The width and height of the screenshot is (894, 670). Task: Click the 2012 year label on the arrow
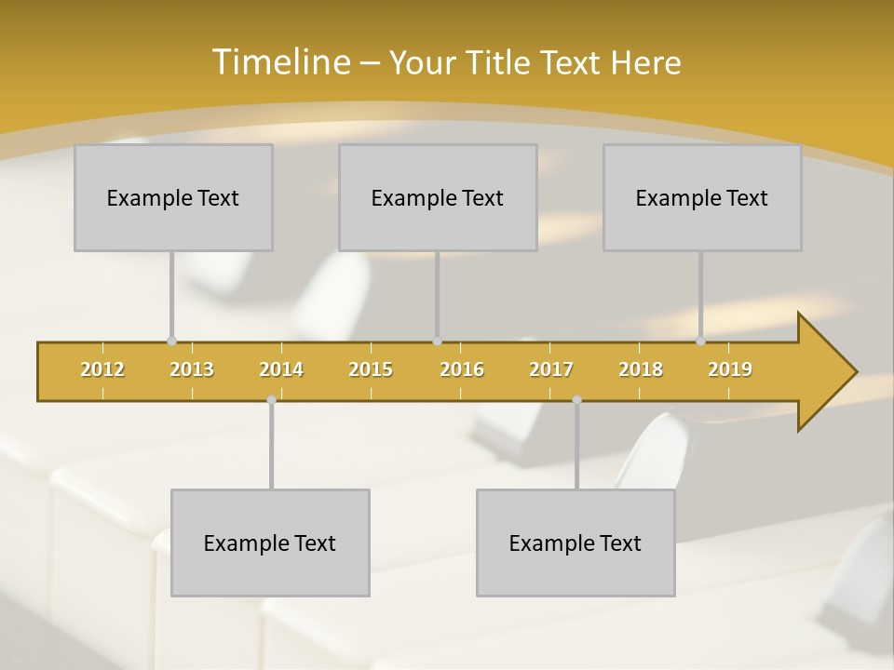[102, 369]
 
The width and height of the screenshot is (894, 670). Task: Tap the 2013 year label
[192, 369]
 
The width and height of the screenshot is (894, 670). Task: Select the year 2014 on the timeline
[281, 369]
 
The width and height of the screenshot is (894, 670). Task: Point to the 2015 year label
[371, 369]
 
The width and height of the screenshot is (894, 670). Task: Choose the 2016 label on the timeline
[462, 369]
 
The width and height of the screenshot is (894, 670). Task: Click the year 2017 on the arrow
[551, 369]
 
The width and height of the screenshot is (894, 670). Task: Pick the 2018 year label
[641, 369]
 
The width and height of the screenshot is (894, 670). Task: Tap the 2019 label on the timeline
[730, 369]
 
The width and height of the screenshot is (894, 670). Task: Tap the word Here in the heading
[645, 62]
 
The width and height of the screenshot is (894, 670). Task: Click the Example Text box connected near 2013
[173, 197]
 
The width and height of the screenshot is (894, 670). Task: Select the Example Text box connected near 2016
[438, 197]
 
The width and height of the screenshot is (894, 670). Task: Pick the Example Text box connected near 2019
[702, 197]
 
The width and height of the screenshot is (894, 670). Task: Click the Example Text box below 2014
[270, 543]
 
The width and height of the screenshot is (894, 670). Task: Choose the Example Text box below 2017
[576, 543]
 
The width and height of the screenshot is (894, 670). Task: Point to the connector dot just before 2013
[171, 342]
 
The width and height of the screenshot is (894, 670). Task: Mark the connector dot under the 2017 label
[576, 399]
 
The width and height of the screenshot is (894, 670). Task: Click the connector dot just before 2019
[700, 342]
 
